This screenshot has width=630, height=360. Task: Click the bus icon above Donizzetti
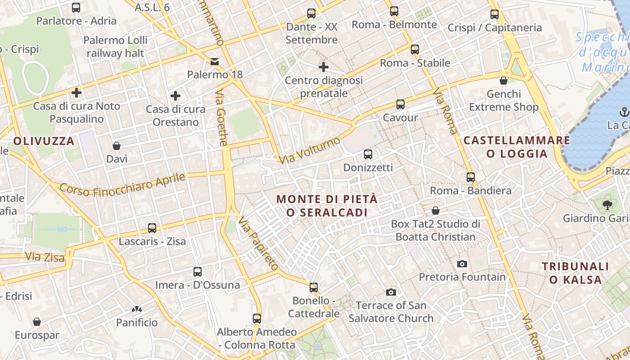point(368,154)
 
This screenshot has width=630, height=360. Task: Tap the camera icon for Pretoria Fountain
point(462,264)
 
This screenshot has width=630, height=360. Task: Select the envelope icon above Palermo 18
point(215,61)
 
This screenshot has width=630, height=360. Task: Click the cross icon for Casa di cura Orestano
point(175,96)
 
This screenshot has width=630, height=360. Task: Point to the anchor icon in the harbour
point(624,112)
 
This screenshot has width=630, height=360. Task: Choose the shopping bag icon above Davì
point(117,146)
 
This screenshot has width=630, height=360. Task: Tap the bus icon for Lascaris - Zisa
point(152,228)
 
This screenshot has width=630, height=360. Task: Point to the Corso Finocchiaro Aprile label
point(122,184)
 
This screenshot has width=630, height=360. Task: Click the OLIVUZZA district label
point(44,141)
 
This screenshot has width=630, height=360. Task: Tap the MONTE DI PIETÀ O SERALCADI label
point(327,205)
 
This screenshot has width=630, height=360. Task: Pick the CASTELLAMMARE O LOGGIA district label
point(517,147)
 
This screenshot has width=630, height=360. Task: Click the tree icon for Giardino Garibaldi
point(607,205)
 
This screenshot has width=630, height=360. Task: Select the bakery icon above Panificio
point(137,310)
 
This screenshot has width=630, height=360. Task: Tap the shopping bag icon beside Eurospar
point(37,322)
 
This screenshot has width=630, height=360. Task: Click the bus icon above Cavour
point(400,104)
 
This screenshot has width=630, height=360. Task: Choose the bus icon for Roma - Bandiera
point(470,177)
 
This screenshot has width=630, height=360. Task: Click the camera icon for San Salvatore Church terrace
point(391,292)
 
